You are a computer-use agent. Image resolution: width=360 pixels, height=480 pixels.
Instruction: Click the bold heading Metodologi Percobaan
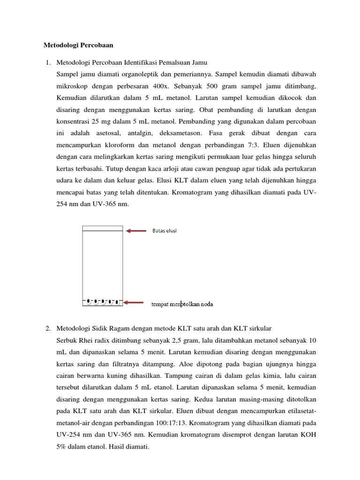click(x=78, y=45)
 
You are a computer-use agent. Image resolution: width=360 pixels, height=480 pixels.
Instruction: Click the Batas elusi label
click(x=165, y=231)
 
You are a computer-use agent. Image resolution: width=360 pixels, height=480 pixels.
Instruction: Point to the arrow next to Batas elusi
click(x=137, y=231)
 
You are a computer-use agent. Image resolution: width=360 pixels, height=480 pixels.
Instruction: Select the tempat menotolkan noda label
click(x=182, y=304)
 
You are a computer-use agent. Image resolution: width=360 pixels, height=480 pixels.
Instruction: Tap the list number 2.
click(x=47, y=327)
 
